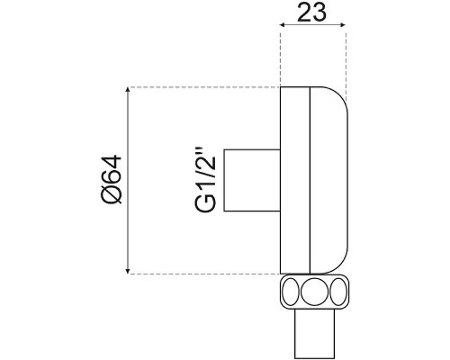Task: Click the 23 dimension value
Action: pos(311,13)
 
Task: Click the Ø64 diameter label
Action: pos(112,180)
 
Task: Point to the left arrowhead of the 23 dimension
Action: pos(283,25)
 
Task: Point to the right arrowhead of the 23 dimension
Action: pos(343,25)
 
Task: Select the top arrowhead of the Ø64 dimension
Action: pos(128,90)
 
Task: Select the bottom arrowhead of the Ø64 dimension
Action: pos(128,271)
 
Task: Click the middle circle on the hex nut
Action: pos(314,292)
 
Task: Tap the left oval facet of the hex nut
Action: pos(291,292)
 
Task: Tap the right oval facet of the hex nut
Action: pos(338,292)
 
